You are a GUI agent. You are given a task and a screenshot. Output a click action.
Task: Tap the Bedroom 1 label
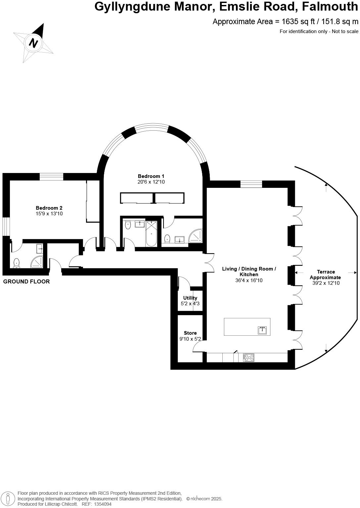(x=151, y=176)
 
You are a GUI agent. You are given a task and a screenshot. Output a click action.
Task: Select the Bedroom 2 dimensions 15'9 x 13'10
(x=49, y=214)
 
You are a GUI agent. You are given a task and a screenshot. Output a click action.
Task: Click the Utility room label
(x=190, y=298)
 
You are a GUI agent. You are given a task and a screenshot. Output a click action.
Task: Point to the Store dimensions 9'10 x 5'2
(x=190, y=339)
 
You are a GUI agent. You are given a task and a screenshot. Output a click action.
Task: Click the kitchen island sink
(x=263, y=330)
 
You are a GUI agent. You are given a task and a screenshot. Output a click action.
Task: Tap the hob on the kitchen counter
(x=249, y=357)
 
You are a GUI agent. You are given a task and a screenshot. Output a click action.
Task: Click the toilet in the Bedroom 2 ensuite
(x=17, y=263)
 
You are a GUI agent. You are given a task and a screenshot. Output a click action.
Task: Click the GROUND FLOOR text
(x=26, y=281)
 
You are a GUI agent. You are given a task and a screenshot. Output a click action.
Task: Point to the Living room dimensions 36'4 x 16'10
(x=249, y=280)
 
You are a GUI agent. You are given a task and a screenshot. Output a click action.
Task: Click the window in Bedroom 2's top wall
(x=51, y=177)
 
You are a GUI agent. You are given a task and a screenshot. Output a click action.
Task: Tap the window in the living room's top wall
(x=251, y=184)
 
